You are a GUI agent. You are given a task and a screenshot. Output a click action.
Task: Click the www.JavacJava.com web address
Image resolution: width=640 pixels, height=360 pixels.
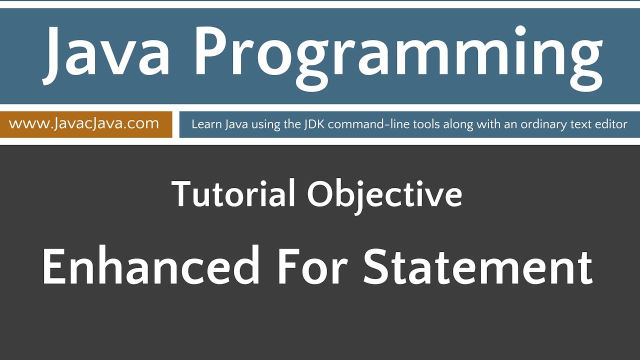click(x=84, y=123)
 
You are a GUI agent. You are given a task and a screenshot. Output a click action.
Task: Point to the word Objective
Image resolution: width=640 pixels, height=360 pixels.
click(x=384, y=195)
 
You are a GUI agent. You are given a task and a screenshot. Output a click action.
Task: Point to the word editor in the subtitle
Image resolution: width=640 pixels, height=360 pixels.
click(x=611, y=124)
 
